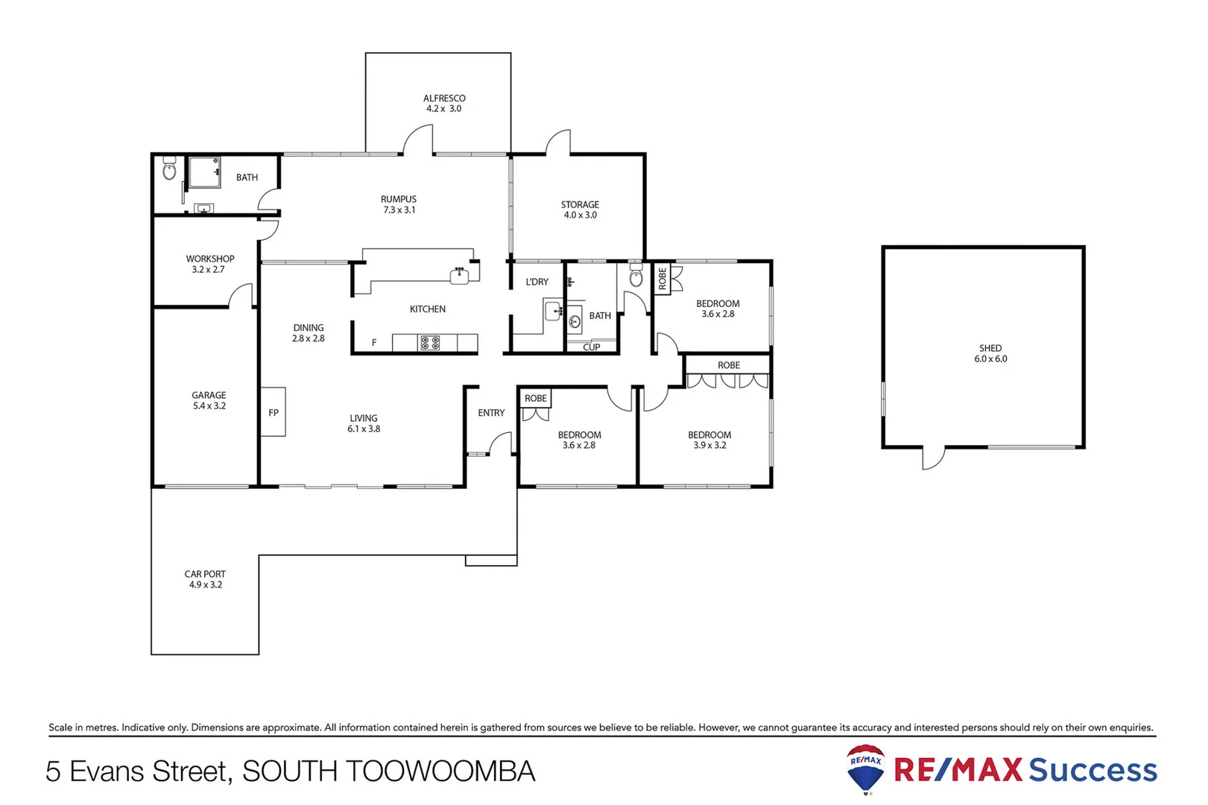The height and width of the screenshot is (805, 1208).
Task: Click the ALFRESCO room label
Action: coord(444,98)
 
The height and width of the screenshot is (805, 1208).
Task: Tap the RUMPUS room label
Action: coord(399,199)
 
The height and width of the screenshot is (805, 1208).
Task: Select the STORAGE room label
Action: coord(580,204)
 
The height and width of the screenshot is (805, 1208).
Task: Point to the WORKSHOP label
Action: coord(210,259)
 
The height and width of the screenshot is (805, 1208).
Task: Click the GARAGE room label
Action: coord(209,395)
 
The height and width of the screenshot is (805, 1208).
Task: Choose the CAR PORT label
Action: coord(205,574)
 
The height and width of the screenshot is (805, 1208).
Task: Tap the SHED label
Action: coord(990,348)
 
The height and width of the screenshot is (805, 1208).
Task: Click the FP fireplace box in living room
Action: coord(273,411)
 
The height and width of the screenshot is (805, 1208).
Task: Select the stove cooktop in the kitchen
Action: coord(430,343)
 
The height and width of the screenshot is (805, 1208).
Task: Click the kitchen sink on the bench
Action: coord(460,276)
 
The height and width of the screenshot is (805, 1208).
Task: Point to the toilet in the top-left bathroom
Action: coord(169,171)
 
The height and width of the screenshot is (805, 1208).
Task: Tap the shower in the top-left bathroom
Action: coord(203,172)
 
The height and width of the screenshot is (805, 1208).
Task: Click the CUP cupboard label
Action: coord(592,347)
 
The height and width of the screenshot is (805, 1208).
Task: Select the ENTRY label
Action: coord(491,412)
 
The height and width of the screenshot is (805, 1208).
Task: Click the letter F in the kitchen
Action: coord(374,342)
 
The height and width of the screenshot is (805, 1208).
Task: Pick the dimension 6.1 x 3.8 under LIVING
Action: coord(364,429)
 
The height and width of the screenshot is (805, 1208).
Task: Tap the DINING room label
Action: coord(309,327)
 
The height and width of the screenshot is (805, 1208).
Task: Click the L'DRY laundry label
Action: coord(537,282)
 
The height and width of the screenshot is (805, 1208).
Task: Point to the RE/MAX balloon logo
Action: coord(865,768)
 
